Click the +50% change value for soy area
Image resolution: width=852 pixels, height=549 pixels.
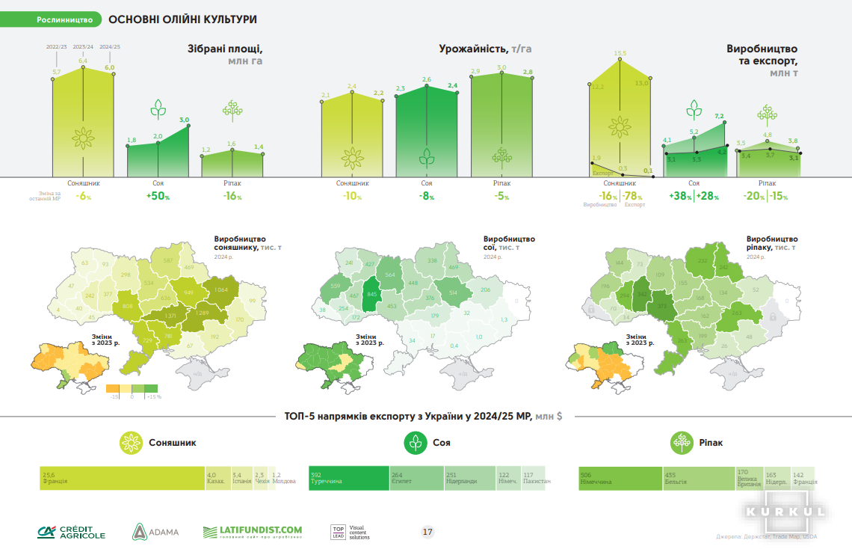click(x=158, y=197)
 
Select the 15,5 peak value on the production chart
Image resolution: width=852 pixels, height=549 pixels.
click(x=620, y=54)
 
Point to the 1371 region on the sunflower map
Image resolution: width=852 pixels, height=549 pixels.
click(x=170, y=317)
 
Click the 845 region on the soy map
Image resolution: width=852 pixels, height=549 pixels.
click(x=371, y=294)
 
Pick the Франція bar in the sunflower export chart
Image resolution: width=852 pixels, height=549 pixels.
click(x=123, y=477)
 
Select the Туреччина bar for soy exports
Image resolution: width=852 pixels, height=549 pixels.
click(x=348, y=477)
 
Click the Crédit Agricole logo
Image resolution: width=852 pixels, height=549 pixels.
click(x=72, y=532)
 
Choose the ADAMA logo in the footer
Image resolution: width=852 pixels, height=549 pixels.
click(x=156, y=532)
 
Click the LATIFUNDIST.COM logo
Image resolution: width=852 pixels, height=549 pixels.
click(x=252, y=532)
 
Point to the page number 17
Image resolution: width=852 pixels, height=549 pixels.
click(x=427, y=532)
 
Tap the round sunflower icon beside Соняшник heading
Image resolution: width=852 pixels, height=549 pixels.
click(x=131, y=443)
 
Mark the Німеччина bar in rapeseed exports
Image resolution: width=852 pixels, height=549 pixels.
click(x=620, y=477)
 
